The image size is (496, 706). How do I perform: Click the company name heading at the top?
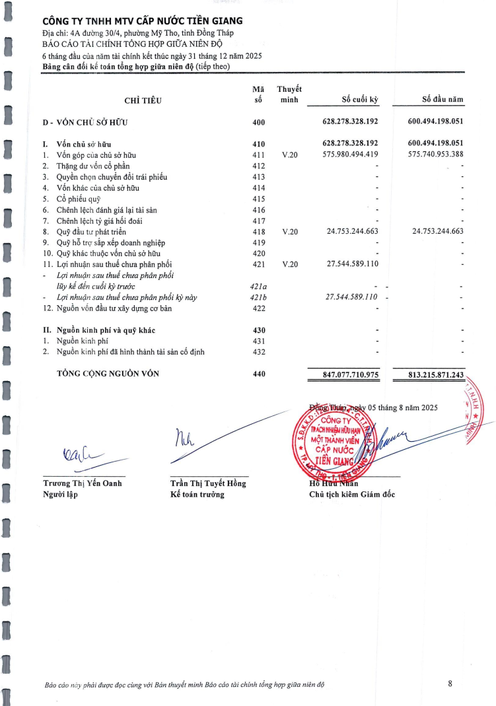[x=142, y=22]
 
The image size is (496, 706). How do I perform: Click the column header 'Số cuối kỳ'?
[x=359, y=100]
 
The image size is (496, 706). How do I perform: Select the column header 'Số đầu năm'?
[x=443, y=100]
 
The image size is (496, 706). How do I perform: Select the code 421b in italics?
[x=258, y=297]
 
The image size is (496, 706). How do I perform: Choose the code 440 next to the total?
[x=258, y=374]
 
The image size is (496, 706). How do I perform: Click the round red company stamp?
[x=334, y=438]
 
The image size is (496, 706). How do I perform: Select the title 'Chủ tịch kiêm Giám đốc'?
[x=352, y=495]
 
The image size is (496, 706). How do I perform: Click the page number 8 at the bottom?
[x=450, y=684]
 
